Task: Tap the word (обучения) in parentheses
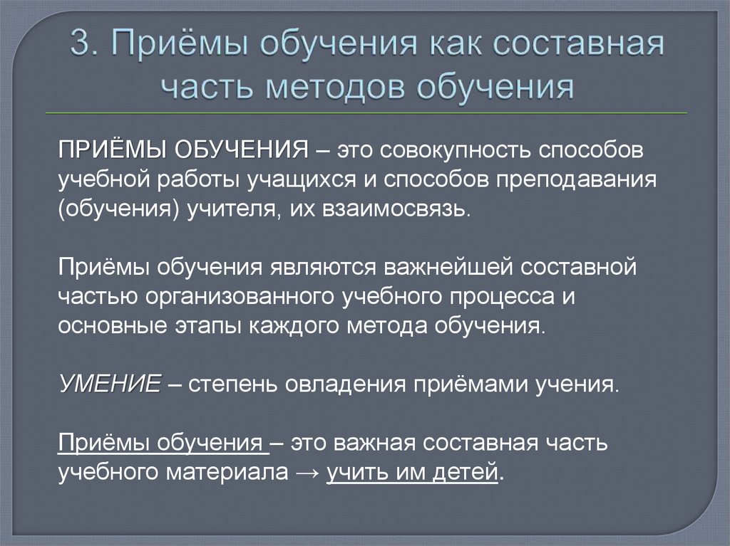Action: pos(118,211)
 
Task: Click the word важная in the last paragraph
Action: pos(375,443)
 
